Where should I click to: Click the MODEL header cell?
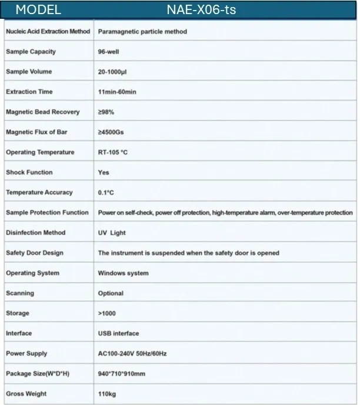[x=38, y=9]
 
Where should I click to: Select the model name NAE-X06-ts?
[x=201, y=9]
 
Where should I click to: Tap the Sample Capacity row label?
[x=31, y=52]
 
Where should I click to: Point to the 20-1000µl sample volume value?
[x=115, y=72]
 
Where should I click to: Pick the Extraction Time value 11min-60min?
[x=117, y=92]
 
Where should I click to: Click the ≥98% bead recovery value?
[x=106, y=112]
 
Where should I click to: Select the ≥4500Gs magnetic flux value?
[x=111, y=132]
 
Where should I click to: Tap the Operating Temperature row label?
[x=40, y=152]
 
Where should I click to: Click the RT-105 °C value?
[x=113, y=152]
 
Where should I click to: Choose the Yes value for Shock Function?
[x=104, y=173]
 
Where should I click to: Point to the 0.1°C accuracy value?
[x=106, y=193]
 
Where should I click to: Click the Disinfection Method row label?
[x=35, y=233]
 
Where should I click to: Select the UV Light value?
[x=112, y=233]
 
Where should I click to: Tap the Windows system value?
[x=123, y=273]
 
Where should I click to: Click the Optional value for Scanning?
[x=111, y=293]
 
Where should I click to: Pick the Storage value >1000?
[x=107, y=313]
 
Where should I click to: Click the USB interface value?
[x=118, y=333]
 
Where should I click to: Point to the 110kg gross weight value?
[x=106, y=394]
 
